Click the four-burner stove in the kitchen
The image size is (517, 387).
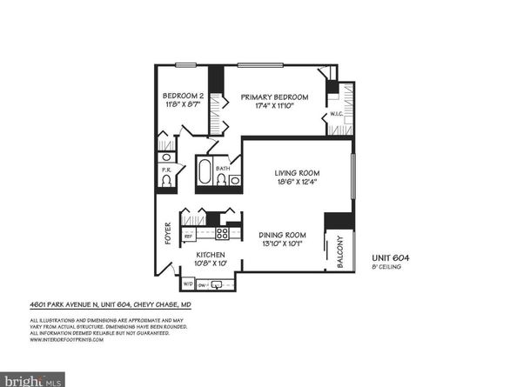coord(222,234)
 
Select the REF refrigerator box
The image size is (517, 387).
coord(188,235)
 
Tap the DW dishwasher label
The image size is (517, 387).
coord(202,284)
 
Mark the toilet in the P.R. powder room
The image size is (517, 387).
coord(165,181)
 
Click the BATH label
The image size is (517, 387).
coord(223,168)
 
